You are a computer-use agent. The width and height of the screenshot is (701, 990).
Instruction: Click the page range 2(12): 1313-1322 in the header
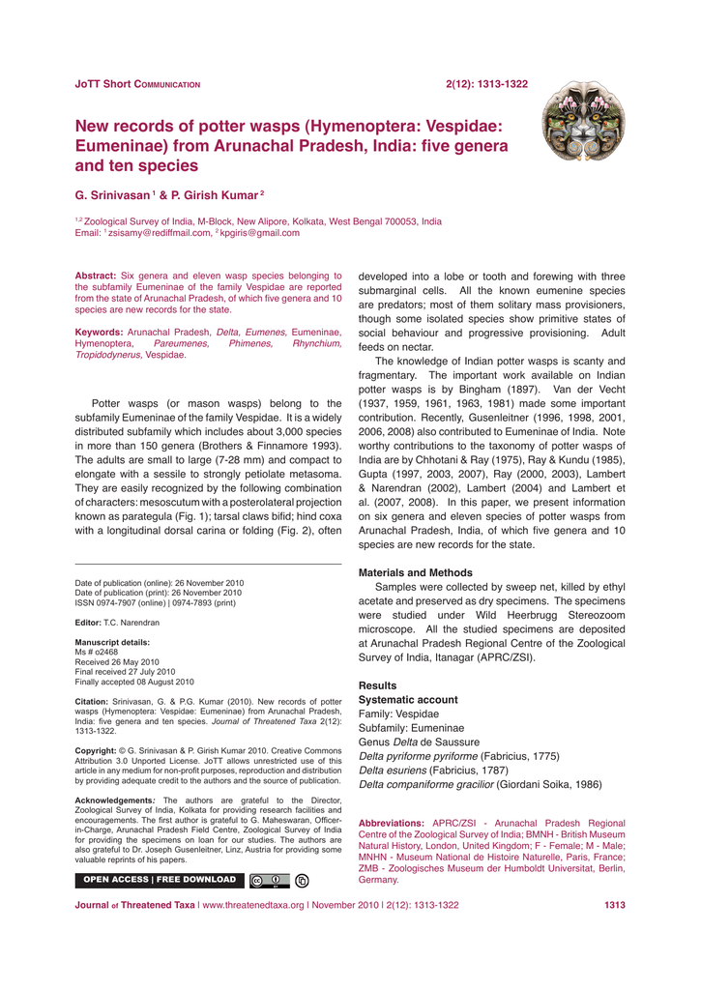coord(486,84)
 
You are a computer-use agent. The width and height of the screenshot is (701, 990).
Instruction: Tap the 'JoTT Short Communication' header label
coord(137,84)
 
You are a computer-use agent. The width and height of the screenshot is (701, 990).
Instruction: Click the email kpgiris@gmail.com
coord(261,233)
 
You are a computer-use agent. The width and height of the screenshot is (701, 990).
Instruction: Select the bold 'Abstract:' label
coord(96,276)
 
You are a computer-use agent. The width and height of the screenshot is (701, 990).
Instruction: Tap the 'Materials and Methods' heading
coord(416,572)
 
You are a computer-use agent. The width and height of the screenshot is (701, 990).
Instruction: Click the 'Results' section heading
coord(377,685)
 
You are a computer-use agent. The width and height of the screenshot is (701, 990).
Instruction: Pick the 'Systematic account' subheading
coord(408,699)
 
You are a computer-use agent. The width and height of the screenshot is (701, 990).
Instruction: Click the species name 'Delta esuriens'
coord(391,770)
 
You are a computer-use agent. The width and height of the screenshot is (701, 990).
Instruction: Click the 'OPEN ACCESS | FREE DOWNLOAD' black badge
coord(159,880)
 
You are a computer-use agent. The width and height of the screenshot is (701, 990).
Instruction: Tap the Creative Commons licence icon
coord(269,881)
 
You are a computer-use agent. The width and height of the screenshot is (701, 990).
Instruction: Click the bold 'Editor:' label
coord(89,623)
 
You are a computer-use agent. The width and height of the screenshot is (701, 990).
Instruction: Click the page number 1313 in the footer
coord(614,906)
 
